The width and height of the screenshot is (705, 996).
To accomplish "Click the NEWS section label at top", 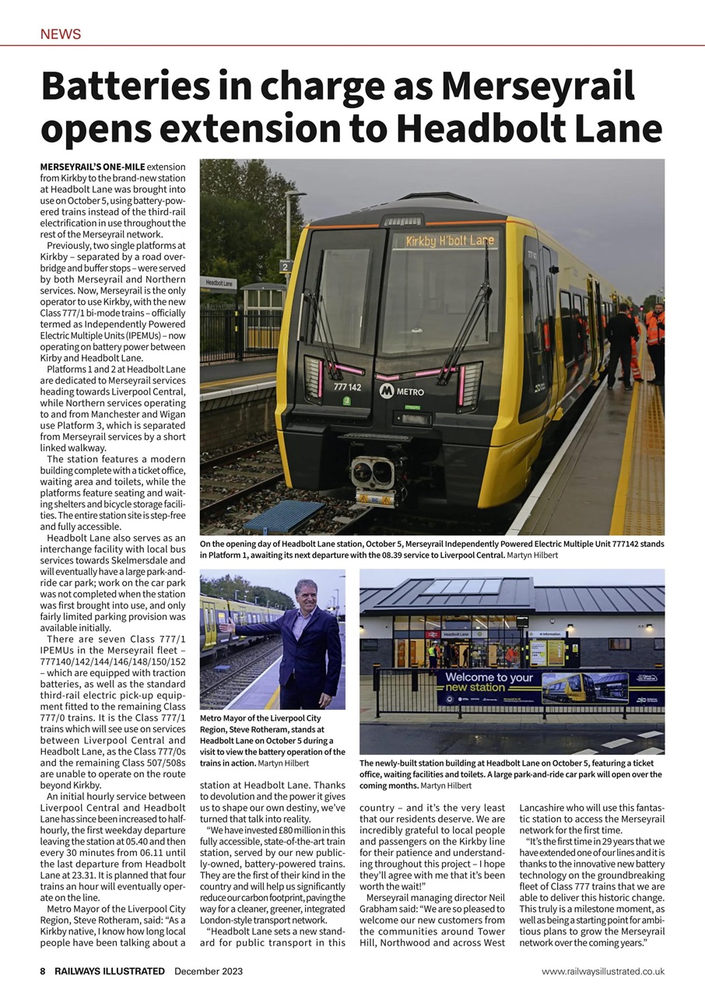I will [x=61, y=34].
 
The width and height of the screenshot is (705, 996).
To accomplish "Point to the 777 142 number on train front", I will [x=347, y=387].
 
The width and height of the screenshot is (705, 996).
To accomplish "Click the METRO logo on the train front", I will [x=402, y=391].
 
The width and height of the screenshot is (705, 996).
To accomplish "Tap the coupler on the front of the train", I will [x=372, y=472].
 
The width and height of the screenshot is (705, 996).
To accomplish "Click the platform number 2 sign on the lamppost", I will [x=285, y=267].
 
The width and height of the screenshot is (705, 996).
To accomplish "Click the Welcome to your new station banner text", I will [x=489, y=682].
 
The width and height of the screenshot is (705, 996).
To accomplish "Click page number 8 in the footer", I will [x=44, y=971].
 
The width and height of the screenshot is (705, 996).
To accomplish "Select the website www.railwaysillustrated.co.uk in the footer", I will [x=603, y=971].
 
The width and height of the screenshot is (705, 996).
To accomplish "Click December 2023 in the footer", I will [x=209, y=971].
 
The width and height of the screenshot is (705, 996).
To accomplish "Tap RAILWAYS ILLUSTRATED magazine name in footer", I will [x=110, y=971].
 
